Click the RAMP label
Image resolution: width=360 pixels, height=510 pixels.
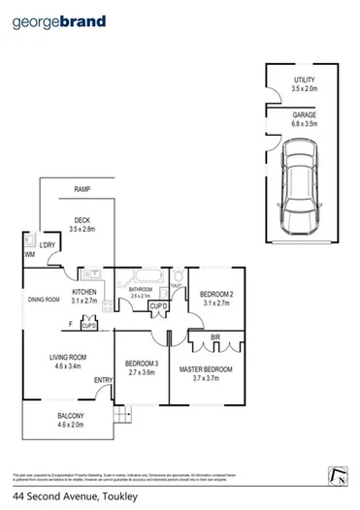coord(82,189)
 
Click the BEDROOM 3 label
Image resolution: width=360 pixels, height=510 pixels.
coord(140,367)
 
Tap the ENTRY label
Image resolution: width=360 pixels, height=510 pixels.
coord(103,379)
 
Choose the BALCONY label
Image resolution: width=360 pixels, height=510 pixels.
coord(70,419)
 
